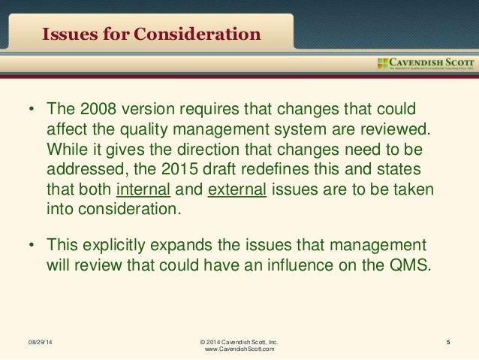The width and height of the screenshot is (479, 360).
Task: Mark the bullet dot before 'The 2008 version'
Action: pyautogui.click(x=32, y=110)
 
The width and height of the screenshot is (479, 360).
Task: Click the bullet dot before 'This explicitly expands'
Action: pyautogui.click(x=32, y=245)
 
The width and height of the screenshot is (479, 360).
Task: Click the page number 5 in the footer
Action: pyautogui.click(x=447, y=343)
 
